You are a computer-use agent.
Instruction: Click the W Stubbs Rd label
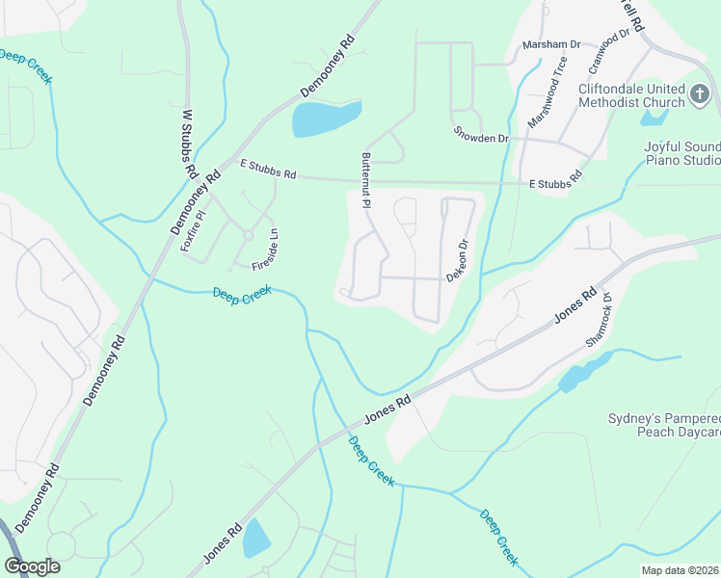(190, 143)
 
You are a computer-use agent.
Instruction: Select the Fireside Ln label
(266, 249)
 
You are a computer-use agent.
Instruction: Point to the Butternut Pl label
(366, 180)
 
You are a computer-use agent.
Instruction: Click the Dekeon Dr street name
(458, 260)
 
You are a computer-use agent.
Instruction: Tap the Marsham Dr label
(551, 44)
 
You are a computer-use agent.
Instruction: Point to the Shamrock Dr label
(599, 321)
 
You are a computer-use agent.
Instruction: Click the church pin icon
(701, 95)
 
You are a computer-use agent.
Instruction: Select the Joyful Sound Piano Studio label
(681, 154)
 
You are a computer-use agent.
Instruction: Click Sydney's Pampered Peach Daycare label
(664, 425)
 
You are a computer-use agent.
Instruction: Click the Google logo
(32, 566)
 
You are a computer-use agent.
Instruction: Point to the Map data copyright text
(681, 570)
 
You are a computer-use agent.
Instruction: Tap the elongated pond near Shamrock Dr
(582, 371)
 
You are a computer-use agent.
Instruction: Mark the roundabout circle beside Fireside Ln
(248, 235)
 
